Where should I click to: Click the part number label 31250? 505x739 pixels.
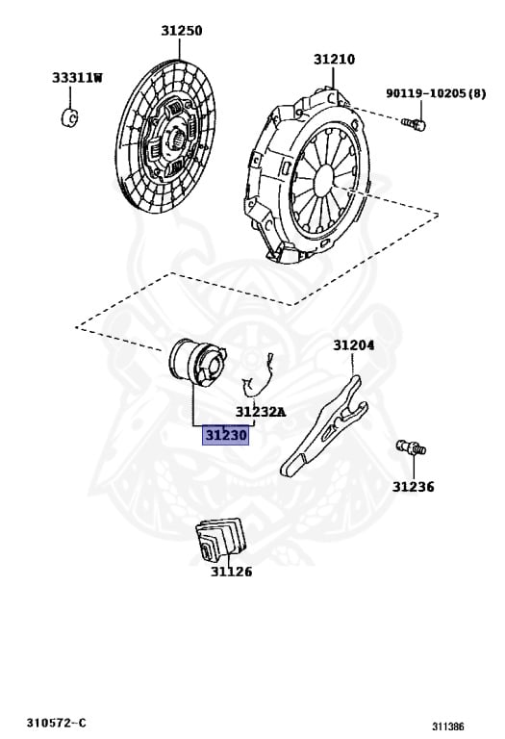pos(182,31)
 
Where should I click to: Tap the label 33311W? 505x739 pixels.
pos(77,78)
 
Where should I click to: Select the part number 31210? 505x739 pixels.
pos(334,60)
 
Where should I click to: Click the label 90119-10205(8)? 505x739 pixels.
pos(436,93)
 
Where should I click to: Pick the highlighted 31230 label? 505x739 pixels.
pos(226,435)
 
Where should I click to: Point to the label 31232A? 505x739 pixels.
pos(261,412)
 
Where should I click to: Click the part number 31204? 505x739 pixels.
pos(354,345)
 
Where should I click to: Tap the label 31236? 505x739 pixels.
pos(414,487)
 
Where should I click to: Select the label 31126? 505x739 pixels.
pos(231,572)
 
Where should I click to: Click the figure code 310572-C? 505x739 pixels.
pos(57,723)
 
